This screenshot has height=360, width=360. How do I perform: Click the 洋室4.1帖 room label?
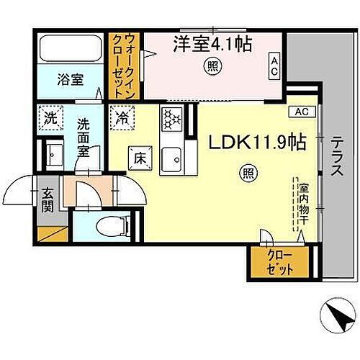pyautogui.click(x=212, y=45)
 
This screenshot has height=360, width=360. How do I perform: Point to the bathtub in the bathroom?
pyautogui.click(x=71, y=49)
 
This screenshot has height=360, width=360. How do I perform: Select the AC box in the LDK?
pyautogui.click(x=302, y=112)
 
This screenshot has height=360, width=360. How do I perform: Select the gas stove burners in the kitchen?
pyautogui.click(x=172, y=118)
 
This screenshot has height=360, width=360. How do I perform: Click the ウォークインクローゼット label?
pyautogui.click(x=124, y=66)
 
